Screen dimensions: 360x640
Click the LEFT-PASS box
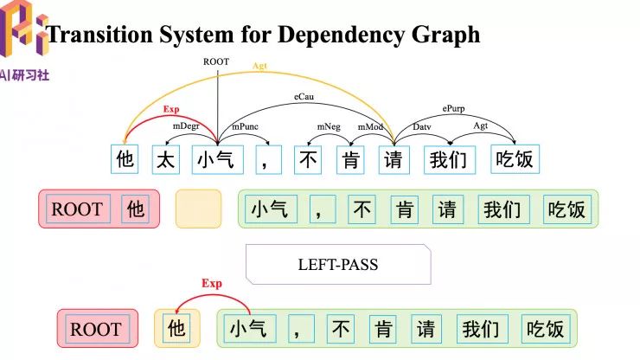tap(337, 264)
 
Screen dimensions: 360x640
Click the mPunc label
tap(241, 126)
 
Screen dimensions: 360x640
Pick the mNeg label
tap(328, 126)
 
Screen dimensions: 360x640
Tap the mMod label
tap(370, 126)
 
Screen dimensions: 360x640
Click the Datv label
tap(421, 126)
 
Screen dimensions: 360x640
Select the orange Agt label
tap(259, 66)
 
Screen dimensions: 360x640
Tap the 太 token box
tap(166, 159)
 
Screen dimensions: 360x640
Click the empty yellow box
tap(198, 209)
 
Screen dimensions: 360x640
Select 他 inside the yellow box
tap(176, 329)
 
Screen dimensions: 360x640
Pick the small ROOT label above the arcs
tap(216, 61)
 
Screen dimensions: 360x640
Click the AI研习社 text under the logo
tap(25, 75)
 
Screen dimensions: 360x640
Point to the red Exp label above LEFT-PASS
tap(171, 110)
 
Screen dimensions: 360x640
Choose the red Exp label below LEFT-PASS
tap(212, 283)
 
